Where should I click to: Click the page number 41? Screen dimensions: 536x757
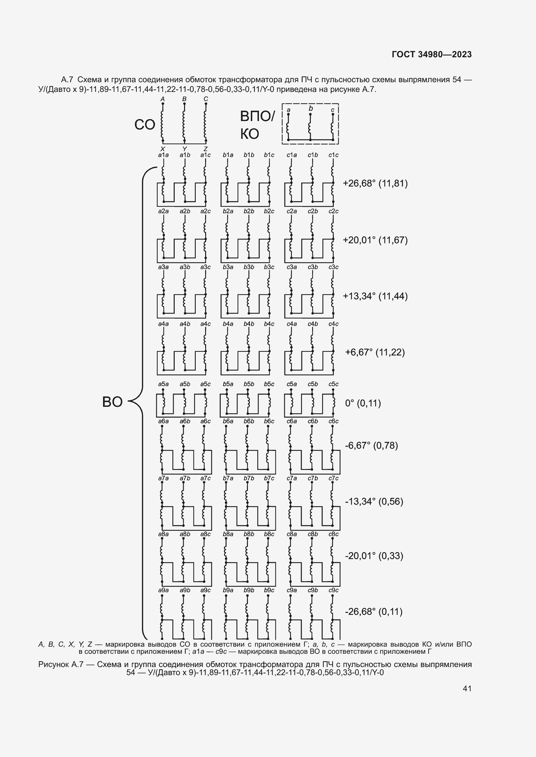467,688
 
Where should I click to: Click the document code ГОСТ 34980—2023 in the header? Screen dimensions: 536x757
432,54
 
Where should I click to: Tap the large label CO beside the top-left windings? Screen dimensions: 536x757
145,125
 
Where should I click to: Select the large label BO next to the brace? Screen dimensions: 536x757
112,402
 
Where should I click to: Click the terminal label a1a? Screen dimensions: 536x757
163,155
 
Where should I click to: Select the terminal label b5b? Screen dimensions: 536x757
249,384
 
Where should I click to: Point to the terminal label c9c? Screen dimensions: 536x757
333,590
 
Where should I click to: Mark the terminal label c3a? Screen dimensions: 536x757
291,267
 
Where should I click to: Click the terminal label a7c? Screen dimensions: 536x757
205,478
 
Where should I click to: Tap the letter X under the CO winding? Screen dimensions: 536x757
162,149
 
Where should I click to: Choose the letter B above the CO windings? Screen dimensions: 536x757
184,99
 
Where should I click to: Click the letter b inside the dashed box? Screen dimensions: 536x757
310,108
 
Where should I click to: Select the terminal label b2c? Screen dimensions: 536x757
269,211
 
